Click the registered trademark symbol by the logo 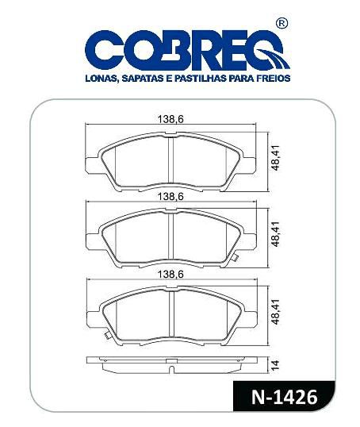click(x=282, y=23)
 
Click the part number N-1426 click(x=284, y=397)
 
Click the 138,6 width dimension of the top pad click(x=170, y=119)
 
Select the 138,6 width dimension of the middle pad click(x=171, y=196)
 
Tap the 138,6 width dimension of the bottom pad click(x=171, y=275)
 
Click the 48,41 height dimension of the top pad click(x=275, y=158)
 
